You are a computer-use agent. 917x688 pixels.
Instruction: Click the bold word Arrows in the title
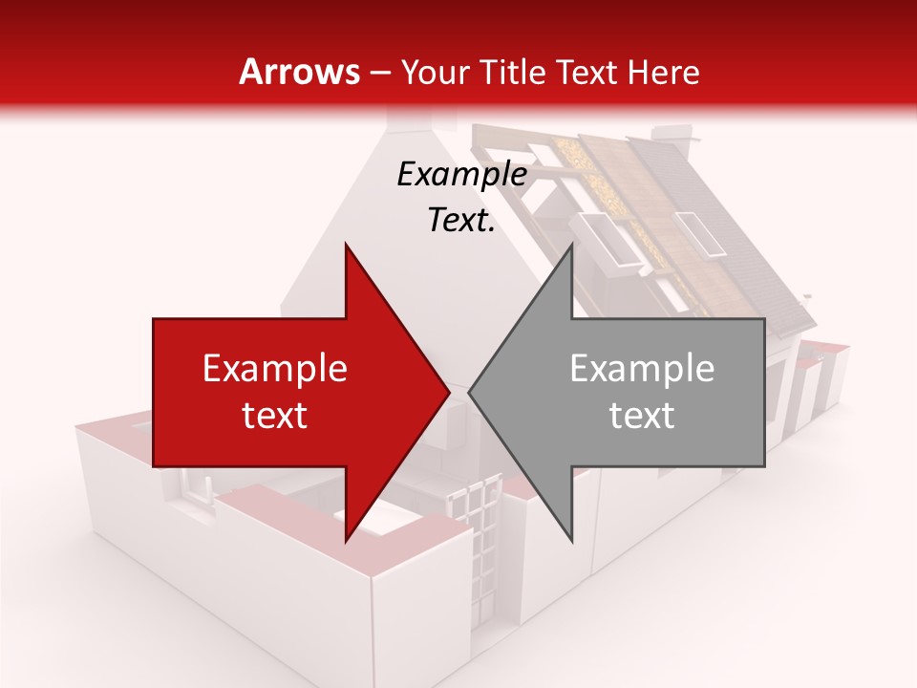pyautogui.click(x=299, y=72)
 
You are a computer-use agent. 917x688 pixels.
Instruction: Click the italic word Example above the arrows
pyautogui.click(x=461, y=174)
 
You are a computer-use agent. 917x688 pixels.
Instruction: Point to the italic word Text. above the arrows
pyautogui.click(x=461, y=220)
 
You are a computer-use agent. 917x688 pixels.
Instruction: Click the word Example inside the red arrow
pyautogui.click(x=274, y=368)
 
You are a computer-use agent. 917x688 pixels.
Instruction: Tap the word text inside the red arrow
pyautogui.click(x=274, y=415)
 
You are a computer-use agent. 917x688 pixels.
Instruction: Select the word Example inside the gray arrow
pyautogui.click(x=642, y=368)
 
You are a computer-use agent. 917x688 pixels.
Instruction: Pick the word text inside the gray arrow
pyautogui.click(x=642, y=415)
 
